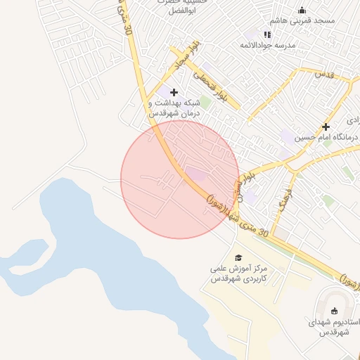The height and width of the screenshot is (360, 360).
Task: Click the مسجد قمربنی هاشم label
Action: click(307, 21)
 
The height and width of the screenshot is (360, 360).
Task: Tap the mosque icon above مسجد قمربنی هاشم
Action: click(302, 10)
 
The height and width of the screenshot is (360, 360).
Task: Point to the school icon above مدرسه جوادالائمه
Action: click(267, 34)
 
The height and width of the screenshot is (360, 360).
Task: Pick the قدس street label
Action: click(324, 74)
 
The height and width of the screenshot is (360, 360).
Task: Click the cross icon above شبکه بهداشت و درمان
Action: click(174, 92)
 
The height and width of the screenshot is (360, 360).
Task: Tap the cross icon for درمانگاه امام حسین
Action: click(326, 127)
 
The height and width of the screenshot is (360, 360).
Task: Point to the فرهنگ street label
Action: click(284, 201)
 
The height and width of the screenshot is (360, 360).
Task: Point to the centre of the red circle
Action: click(180, 179)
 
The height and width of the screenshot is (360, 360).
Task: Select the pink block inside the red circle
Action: click(197, 173)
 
